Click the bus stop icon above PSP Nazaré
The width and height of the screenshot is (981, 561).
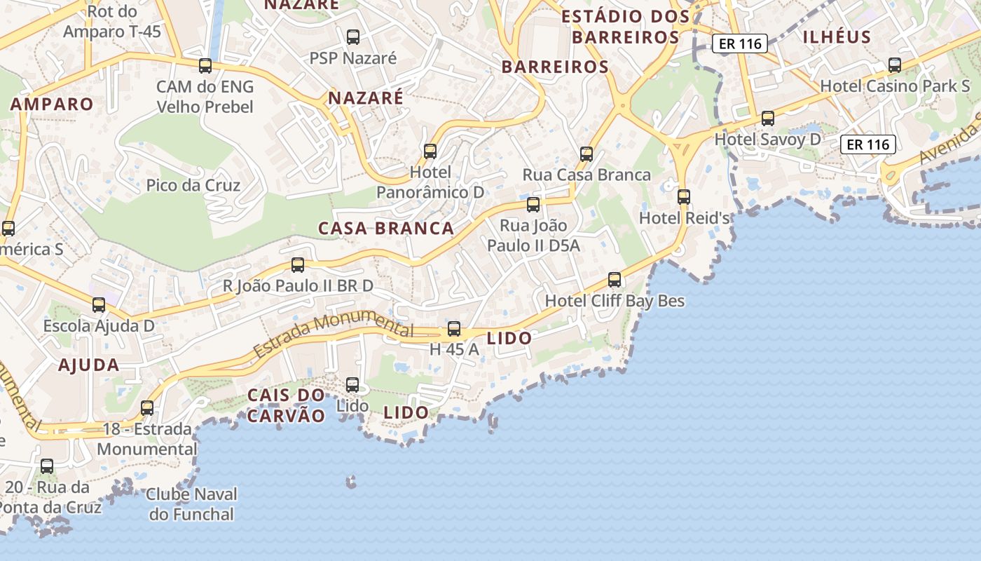coord(353,36)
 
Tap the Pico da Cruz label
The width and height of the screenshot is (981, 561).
coord(193,185)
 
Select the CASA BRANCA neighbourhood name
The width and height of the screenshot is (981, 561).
coord(386,229)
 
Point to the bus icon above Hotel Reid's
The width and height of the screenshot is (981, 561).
coord(684,197)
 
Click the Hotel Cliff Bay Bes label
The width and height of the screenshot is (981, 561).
coord(615,301)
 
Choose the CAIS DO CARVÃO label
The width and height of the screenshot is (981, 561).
coord(286,405)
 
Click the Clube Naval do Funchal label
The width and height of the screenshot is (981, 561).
coord(191,503)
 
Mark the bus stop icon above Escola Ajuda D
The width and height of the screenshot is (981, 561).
coord(99,305)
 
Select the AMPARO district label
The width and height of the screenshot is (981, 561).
coord(52,104)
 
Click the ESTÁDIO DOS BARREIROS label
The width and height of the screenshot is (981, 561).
coord(626,27)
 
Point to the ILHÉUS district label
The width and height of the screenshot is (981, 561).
coord(837,37)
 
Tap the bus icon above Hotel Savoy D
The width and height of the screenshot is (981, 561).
coord(768,118)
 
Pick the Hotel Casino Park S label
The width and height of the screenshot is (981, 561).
coord(894,86)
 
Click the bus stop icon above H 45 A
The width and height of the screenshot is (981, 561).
coord(454,328)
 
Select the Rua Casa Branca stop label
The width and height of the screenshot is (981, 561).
coord(586,175)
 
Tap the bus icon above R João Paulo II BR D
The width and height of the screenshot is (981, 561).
coord(298,264)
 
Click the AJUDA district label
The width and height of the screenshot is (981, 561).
coord(88,365)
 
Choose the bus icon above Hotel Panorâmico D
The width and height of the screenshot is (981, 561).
coord(430,151)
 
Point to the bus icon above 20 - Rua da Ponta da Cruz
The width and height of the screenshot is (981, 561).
coord(47,466)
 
